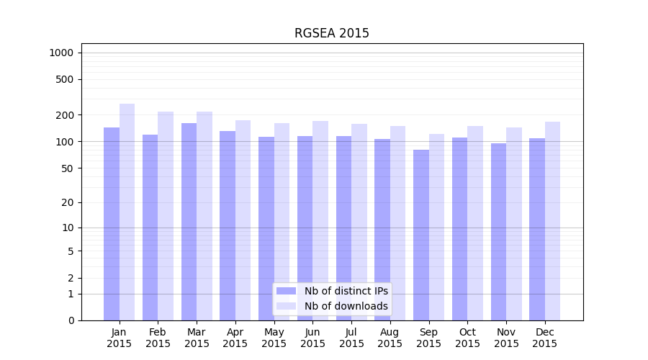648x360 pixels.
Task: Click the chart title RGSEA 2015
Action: [x=331, y=33]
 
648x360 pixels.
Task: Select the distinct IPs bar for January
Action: [x=112, y=223]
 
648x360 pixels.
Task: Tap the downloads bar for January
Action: [x=127, y=212]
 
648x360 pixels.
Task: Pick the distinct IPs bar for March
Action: [x=189, y=222]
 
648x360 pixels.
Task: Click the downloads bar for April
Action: [x=243, y=220]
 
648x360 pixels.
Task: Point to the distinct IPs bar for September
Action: [x=421, y=235]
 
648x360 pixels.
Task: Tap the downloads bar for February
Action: [x=166, y=216]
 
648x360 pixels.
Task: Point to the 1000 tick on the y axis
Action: [x=61, y=53]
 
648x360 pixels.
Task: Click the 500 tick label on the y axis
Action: [x=66, y=79]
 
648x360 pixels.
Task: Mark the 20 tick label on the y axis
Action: [x=68, y=202]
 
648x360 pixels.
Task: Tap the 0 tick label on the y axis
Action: [x=71, y=320]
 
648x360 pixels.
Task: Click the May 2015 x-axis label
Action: [x=274, y=338]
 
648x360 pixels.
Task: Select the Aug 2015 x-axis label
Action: [x=390, y=338]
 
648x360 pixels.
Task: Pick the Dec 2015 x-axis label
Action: [x=545, y=338]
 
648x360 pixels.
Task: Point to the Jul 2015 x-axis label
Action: [x=351, y=338]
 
